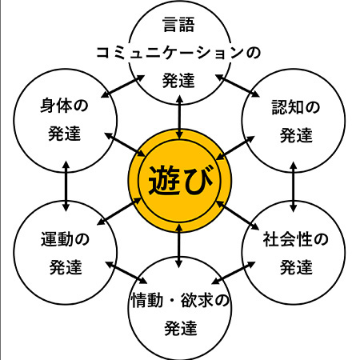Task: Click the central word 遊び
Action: (x=181, y=180)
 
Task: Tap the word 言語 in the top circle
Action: (x=178, y=25)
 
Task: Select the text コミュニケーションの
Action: (x=178, y=52)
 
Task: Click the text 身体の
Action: (x=64, y=106)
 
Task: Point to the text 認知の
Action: (x=295, y=107)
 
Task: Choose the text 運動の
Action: (x=65, y=239)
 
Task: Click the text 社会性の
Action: (x=295, y=239)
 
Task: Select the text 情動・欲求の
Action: (x=180, y=300)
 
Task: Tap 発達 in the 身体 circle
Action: (x=64, y=134)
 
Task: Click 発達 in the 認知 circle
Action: (x=296, y=135)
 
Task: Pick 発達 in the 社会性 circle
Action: (x=296, y=267)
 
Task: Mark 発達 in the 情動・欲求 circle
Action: (x=181, y=328)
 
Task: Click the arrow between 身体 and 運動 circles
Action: (x=66, y=186)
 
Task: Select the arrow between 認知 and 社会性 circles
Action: (x=294, y=186)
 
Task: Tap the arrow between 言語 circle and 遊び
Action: (x=180, y=117)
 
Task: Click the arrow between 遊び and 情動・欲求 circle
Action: (x=179, y=246)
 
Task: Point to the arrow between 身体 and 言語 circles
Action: (x=123, y=86)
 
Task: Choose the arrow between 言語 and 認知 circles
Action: (x=238, y=86)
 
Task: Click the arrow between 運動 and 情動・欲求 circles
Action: (x=126, y=273)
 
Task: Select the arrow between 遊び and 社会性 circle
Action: (x=238, y=215)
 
